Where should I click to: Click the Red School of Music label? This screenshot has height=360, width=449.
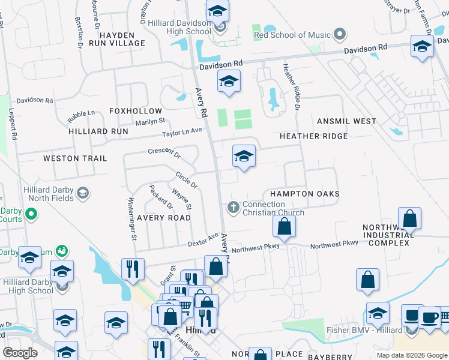coord(292,35)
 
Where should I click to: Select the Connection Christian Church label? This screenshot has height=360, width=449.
coord(273,208)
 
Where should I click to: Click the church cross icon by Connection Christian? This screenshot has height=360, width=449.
coord(233,208)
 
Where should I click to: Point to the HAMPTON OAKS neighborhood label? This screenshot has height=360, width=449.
coord(305,194)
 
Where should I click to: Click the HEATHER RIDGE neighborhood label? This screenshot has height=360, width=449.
coord(313,136)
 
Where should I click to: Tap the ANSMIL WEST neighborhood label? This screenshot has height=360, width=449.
coord(347,121)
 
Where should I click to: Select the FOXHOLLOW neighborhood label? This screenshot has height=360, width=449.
coord(136,111)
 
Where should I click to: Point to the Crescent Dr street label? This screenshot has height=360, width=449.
coord(164,151)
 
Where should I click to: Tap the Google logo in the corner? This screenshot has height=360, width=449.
coord(20,352)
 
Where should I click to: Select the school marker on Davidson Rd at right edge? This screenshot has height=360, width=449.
coord(422,46)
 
